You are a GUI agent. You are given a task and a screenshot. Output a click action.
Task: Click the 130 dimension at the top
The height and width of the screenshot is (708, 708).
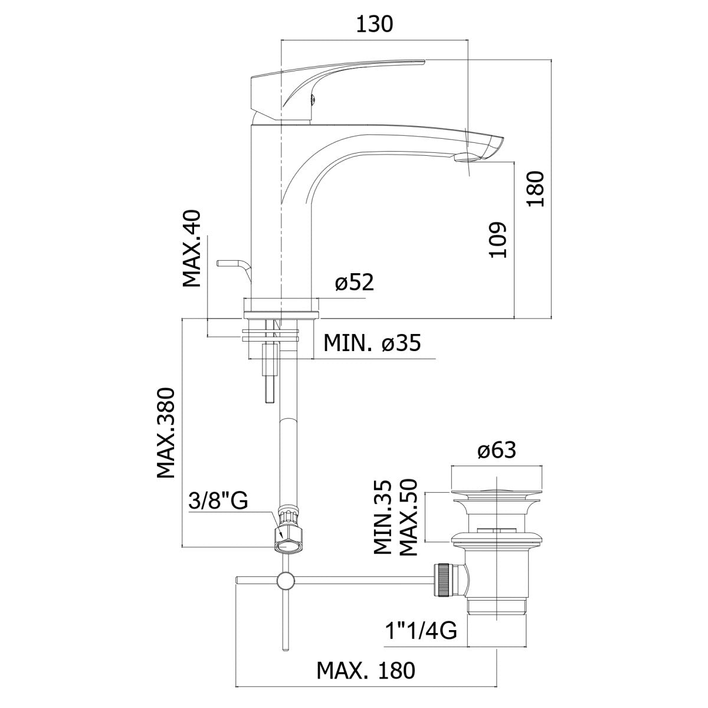(375, 25)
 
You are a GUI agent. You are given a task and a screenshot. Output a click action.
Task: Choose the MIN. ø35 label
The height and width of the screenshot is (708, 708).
(372, 343)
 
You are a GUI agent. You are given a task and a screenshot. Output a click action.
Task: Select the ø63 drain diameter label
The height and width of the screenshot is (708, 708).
(497, 450)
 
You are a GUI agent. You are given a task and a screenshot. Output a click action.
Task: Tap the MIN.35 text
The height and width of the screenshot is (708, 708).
(382, 522)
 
